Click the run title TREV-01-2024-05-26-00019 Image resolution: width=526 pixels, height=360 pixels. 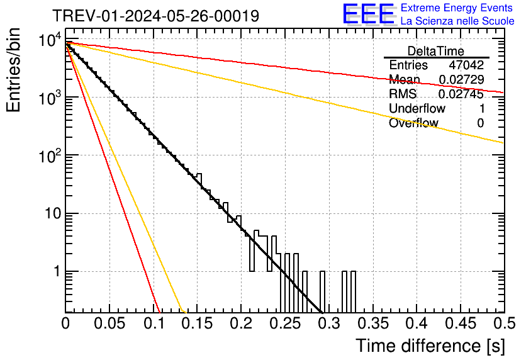155,16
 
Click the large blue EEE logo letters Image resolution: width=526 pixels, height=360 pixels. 368,14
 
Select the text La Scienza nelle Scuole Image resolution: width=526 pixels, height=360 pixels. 457,21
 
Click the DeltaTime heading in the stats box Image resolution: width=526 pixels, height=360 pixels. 436,51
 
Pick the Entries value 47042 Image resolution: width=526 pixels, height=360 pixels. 466,65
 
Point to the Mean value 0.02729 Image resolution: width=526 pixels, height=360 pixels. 461,80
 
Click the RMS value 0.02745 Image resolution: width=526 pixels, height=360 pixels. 461,94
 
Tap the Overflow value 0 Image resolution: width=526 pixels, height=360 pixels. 481,123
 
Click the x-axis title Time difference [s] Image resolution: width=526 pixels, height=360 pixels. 430,346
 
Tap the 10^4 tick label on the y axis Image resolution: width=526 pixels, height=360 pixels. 48,42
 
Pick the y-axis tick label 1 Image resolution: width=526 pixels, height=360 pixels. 56,272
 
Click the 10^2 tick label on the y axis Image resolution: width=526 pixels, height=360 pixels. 48,155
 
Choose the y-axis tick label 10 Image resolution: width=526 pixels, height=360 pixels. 52,214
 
